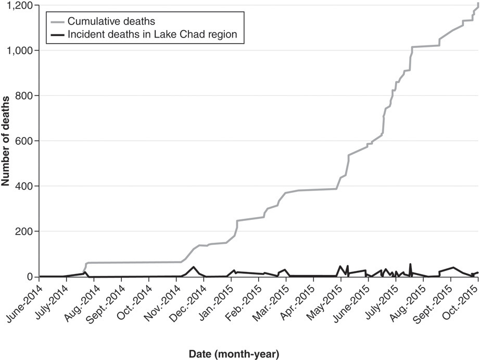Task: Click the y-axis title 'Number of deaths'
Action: pyautogui.click(x=6, y=140)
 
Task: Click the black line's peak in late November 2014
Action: pyautogui.click(x=193, y=267)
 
